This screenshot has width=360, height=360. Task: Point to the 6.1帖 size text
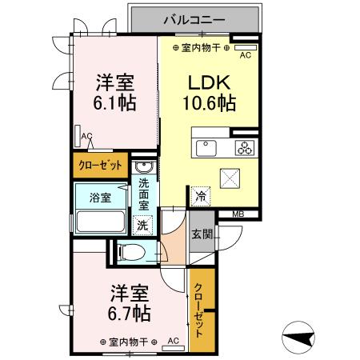point(115,102)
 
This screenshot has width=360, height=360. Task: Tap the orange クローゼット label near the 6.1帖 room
point(100,166)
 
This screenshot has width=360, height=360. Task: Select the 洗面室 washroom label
point(143,194)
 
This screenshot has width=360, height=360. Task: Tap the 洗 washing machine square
point(142,226)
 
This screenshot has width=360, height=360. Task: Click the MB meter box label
point(238,214)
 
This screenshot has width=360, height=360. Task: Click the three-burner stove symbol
point(243,147)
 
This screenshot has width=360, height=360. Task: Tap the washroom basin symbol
point(143,166)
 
